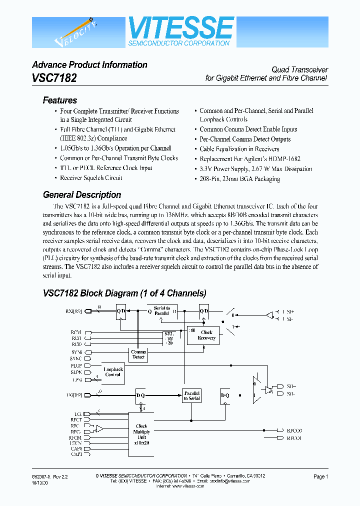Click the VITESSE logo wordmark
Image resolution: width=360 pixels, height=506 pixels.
pos(181,27)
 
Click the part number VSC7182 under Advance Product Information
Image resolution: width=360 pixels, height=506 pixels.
pos(54,78)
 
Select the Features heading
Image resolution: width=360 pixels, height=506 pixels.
pos(60,100)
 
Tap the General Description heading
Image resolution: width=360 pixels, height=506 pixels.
pos(82,195)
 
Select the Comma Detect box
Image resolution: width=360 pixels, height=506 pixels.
pos(138,354)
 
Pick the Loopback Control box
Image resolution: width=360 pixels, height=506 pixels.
pos(112,372)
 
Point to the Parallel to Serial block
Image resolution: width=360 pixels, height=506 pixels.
pos(191,395)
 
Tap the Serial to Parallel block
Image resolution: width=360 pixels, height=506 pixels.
pos(161,311)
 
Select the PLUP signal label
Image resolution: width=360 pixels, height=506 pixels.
pos(76,366)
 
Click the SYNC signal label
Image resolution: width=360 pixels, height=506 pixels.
pos(76,359)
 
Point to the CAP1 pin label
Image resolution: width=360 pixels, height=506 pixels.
pos(76,454)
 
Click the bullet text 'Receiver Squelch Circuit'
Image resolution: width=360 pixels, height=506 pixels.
pos(91,177)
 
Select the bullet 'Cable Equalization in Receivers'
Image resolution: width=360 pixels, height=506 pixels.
pos(239,149)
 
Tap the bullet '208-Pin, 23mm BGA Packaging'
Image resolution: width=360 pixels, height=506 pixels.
pos(239,178)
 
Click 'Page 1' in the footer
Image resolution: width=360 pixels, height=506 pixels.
pos(320,477)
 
